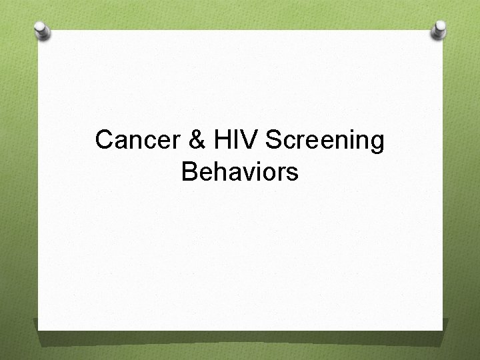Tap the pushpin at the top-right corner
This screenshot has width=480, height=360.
[x=439, y=29]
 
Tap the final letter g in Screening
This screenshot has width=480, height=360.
[x=377, y=143]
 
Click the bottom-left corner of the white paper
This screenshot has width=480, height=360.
[x=39, y=329]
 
